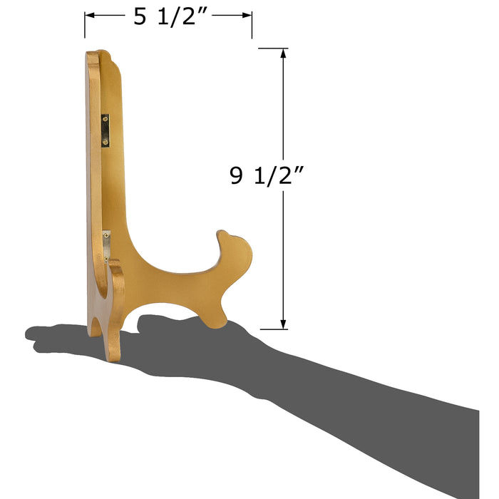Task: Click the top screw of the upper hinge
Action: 106,119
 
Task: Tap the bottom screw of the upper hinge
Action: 106,142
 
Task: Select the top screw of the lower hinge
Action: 106,235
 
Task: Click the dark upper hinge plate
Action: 106,130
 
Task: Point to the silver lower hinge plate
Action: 107,246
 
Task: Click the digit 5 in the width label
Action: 140,16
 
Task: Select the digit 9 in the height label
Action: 236,175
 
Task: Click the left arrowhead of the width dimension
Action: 89,15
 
